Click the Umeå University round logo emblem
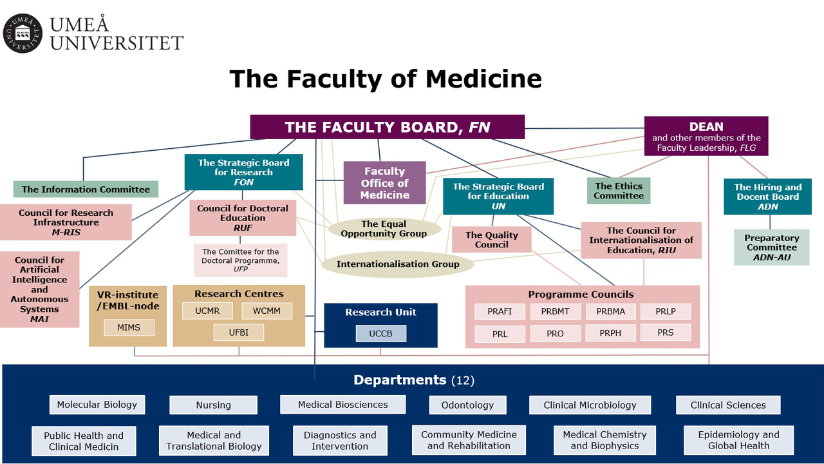click(x=23, y=34)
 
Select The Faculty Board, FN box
click(x=387, y=127)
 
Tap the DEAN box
click(x=706, y=136)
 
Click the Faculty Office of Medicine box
click(x=384, y=182)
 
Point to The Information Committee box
click(x=86, y=189)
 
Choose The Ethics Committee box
click(x=619, y=191)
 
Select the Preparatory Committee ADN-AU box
click(x=771, y=247)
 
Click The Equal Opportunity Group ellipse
click(x=384, y=229)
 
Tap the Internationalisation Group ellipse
click(x=398, y=264)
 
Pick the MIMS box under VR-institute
click(x=129, y=327)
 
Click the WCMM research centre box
click(x=267, y=311)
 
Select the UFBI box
click(x=239, y=333)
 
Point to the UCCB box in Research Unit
click(x=380, y=334)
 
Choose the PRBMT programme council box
click(x=555, y=311)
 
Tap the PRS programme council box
click(x=665, y=333)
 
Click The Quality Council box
click(x=491, y=240)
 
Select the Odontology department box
click(x=467, y=405)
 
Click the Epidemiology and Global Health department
click(x=738, y=440)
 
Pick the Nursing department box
click(x=213, y=405)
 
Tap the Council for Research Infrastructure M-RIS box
click(x=66, y=222)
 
